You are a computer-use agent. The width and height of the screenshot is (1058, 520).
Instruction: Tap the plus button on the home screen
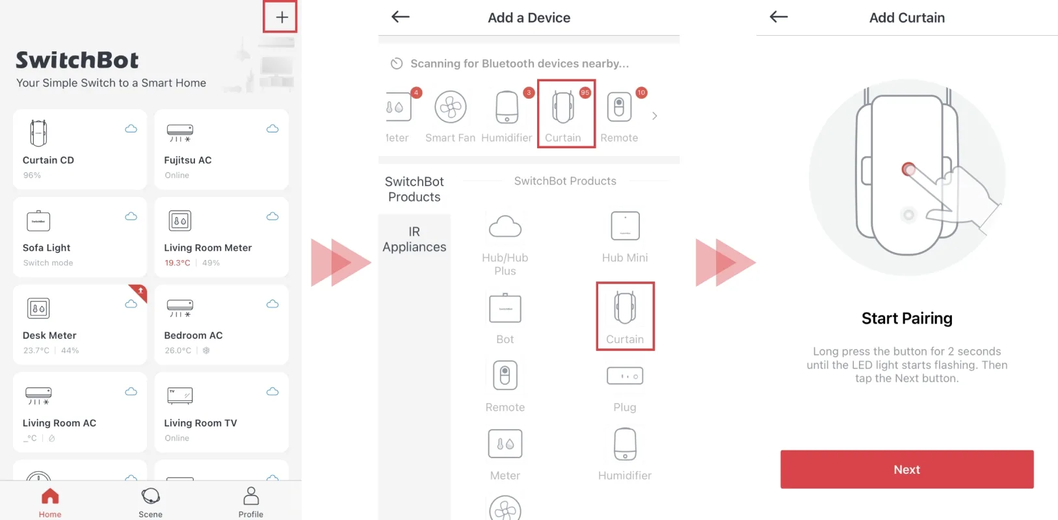[282, 18]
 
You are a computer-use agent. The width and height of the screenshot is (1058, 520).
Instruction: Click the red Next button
[907, 469]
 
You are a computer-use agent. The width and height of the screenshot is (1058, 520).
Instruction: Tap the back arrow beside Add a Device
[400, 17]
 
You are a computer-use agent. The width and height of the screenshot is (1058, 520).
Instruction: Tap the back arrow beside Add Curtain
[778, 17]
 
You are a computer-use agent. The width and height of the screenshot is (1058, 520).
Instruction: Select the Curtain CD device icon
[38, 133]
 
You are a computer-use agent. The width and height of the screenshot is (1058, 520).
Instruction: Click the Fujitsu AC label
[187, 160]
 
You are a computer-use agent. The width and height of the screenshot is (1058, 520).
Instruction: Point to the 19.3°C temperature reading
[177, 263]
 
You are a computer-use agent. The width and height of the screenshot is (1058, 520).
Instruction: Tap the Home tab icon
[50, 497]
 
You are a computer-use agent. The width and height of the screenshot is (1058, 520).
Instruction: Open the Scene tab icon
[151, 497]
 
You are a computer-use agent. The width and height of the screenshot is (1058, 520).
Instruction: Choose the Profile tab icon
[251, 496]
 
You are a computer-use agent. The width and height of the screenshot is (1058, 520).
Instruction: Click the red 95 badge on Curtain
[585, 92]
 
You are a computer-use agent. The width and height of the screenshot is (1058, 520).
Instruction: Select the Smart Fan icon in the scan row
[450, 107]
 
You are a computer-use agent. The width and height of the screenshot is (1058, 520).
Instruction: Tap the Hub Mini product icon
[625, 226]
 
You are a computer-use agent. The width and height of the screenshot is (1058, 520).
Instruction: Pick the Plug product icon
[625, 376]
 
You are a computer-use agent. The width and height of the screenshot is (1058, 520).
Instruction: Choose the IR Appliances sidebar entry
[414, 239]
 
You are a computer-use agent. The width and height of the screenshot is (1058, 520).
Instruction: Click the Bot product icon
[505, 308]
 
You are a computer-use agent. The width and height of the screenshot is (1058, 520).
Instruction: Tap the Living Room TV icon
[180, 396]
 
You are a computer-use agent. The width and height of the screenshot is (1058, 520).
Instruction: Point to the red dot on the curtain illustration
[908, 169]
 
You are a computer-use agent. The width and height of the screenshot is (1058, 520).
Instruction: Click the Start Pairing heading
[907, 318]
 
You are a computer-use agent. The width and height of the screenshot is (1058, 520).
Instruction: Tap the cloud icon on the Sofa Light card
[131, 216]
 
